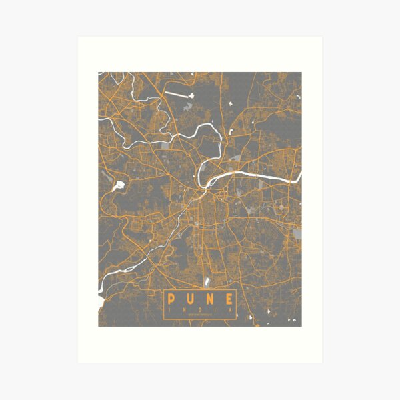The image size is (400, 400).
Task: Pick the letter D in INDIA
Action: tap(200, 309)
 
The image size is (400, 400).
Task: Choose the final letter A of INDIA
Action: tap(231, 309)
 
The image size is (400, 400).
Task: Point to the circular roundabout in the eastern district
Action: tap(286, 217)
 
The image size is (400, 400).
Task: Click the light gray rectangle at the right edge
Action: tap(296, 233)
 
